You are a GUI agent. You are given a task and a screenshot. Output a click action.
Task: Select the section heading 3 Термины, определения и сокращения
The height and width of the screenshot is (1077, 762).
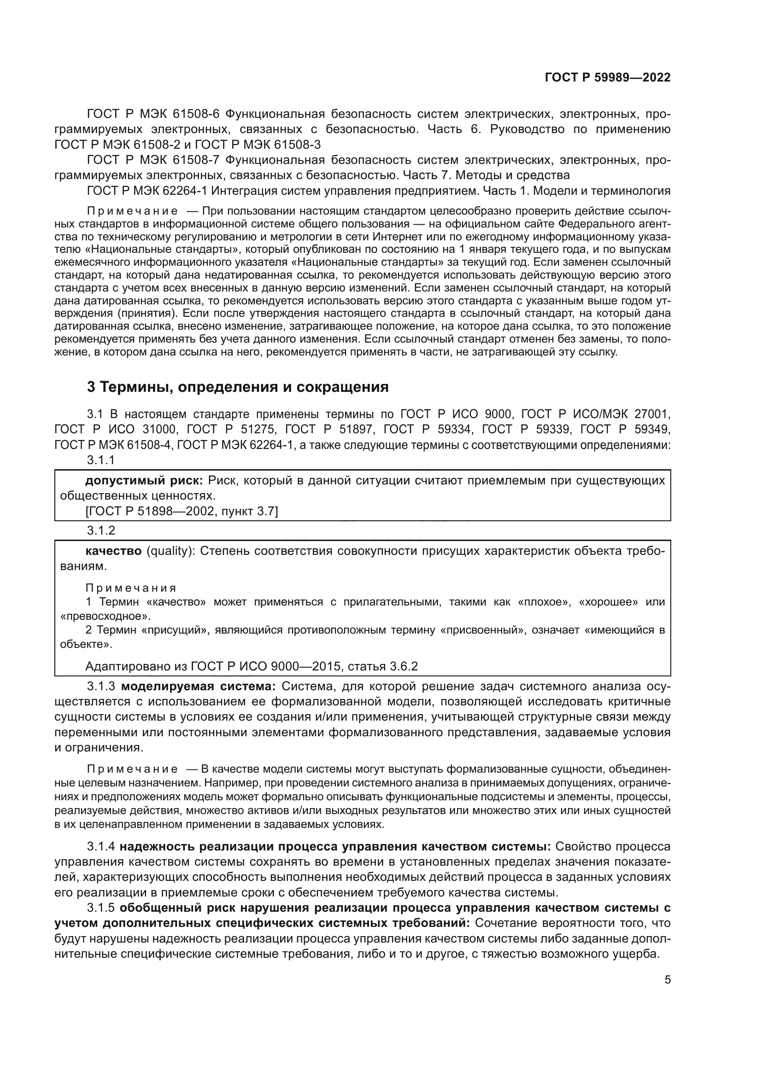[238, 387]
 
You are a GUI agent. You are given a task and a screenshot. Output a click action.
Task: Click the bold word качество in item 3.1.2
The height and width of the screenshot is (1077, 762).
[113, 551]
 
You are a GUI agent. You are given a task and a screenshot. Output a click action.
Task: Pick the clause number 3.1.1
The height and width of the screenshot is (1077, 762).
[101, 460]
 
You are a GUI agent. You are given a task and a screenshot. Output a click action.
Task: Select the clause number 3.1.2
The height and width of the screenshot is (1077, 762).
[101, 530]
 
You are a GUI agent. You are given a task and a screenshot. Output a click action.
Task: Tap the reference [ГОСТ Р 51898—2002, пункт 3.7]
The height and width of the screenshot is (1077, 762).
[182, 511]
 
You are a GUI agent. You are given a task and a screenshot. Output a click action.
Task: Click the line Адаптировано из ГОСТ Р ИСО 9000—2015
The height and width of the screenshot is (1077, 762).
[252, 666]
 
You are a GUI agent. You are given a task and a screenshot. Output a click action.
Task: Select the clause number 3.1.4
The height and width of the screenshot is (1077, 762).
[101, 847]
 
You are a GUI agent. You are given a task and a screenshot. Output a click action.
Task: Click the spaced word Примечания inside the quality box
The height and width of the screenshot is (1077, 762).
[131, 588]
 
